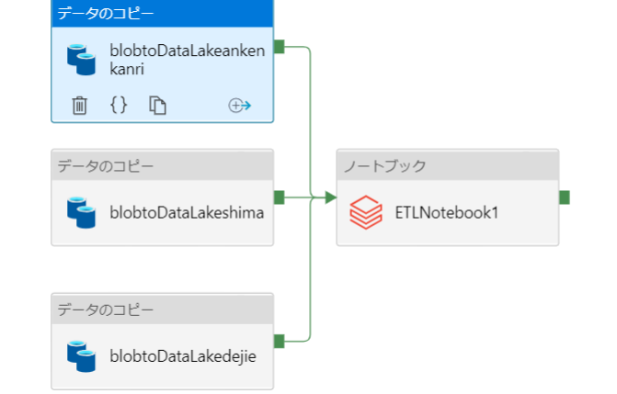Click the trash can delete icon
(x=80, y=106)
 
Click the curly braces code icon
(x=119, y=106)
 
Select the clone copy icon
(x=158, y=106)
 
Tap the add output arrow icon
(x=239, y=106)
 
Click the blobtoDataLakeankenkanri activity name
(x=187, y=59)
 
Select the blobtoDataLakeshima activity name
(x=187, y=213)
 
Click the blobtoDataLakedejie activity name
(x=183, y=355)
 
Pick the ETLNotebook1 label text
(x=446, y=213)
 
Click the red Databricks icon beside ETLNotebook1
(x=366, y=213)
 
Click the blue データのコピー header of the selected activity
(x=106, y=13)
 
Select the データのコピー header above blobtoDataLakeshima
(x=106, y=166)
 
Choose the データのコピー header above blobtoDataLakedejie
(x=106, y=310)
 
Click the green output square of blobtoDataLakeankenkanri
(x=280, y=48)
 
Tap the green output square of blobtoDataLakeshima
(x=280, y=197)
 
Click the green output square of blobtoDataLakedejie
(x=280, y=341)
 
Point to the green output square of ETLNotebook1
(x=564, y=197)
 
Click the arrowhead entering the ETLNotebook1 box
(x=330, y=197)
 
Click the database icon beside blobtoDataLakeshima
(x=81, y=212)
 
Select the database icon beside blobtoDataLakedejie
(x=81, y=355)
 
